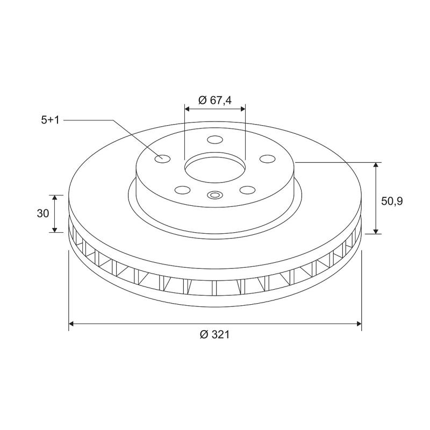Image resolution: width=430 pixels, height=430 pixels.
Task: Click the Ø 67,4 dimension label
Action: coord(215,100)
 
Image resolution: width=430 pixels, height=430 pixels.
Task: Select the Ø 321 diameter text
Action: coord(214,334)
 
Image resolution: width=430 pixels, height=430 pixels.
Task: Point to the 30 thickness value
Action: coord(44,213)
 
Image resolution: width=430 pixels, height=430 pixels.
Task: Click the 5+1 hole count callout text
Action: coord(50,120)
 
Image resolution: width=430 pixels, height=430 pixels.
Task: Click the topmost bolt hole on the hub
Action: coord(214,140)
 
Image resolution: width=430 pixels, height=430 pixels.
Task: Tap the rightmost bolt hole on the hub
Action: coord(267,159)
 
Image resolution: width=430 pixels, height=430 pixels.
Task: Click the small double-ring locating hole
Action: coord(214,195)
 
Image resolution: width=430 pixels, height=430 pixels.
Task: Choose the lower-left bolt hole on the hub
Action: coord(183,189)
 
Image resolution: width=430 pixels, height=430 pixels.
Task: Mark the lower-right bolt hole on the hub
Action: coord(247,189)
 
